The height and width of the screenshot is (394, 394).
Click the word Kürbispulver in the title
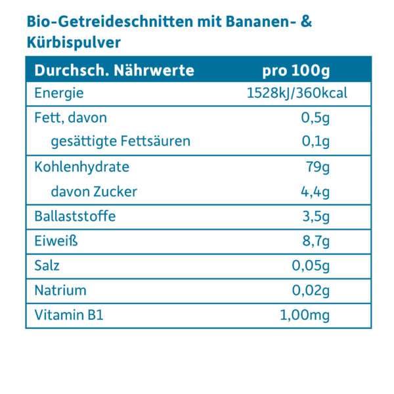74,41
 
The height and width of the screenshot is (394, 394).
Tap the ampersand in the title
305,22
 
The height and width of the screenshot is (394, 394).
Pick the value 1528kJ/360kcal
296,93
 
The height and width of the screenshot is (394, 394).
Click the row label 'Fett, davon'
70,118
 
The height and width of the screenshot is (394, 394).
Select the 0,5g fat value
316,118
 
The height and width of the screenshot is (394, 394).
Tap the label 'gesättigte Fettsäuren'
121,141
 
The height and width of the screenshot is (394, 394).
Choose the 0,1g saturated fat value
316,141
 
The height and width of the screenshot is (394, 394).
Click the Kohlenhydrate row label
81,167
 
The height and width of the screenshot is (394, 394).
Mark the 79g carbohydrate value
318,167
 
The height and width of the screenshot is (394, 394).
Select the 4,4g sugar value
316,192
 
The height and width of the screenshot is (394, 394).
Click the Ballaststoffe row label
74,216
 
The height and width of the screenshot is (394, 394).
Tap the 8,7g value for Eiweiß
316,241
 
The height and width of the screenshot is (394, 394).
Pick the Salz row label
47,266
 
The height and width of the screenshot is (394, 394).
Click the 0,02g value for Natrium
311,290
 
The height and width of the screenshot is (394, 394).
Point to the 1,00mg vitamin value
305,316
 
